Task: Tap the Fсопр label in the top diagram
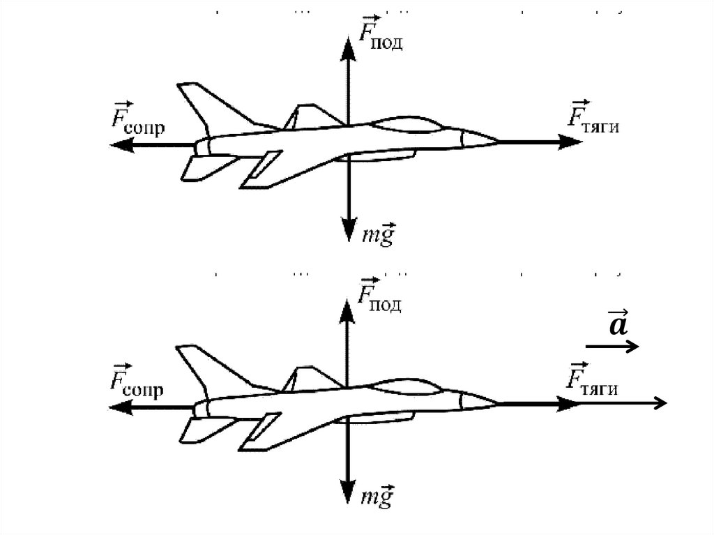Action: tap(137, 123)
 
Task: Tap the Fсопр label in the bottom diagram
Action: tap(137, 383)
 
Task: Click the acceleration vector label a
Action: tap(616, 324)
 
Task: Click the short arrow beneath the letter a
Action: tap(612, 346)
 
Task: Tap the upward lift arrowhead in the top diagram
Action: tap(347, 43)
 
